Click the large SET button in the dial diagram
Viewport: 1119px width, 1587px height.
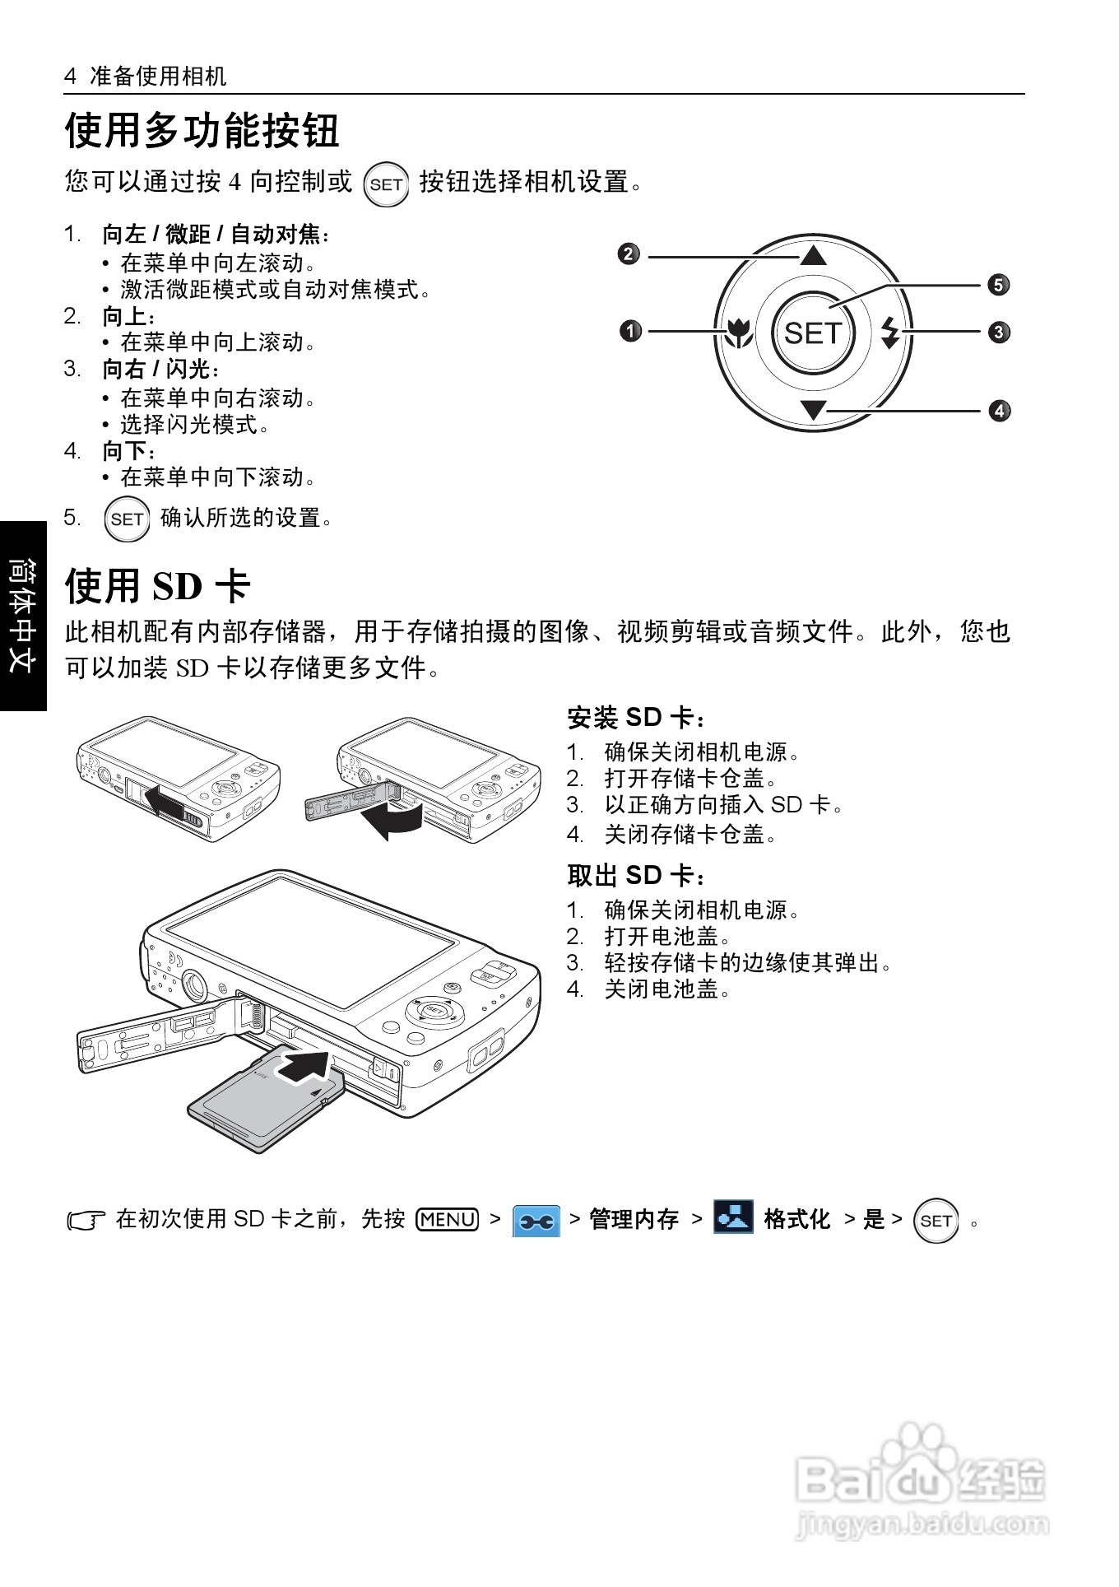click(x=813, y=333)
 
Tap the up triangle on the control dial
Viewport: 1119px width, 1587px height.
click(x=813, y=255)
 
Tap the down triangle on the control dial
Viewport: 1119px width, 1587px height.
click(x=813, y=409)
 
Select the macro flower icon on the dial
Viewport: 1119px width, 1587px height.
click(x=740, y=332)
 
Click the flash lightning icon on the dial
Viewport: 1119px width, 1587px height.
click(x=889, y=333)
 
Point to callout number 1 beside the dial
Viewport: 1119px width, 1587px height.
click(x=630, y=332)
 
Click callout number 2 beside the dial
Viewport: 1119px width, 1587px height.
click(x=628, y=254)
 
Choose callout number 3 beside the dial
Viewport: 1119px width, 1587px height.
click(x=999, y=333)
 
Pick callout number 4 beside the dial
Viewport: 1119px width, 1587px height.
click(x=999, y=410)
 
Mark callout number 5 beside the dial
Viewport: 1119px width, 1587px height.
click(x=998, y=285)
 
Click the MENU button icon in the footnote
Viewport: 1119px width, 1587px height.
click(x=448, y=1219)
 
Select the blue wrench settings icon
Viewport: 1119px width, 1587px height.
click(x=536, y=1221)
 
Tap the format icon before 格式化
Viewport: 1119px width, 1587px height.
click(x=732, y=1217)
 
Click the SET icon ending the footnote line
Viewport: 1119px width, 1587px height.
click(x=936, y=1221)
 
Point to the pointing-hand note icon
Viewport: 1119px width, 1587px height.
click(x=86, y=1221)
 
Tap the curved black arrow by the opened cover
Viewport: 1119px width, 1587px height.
click(x=395, y=819)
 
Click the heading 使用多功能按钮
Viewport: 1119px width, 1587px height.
click(x=202, y=131)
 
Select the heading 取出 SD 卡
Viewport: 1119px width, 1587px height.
click(x=636, y=876)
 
